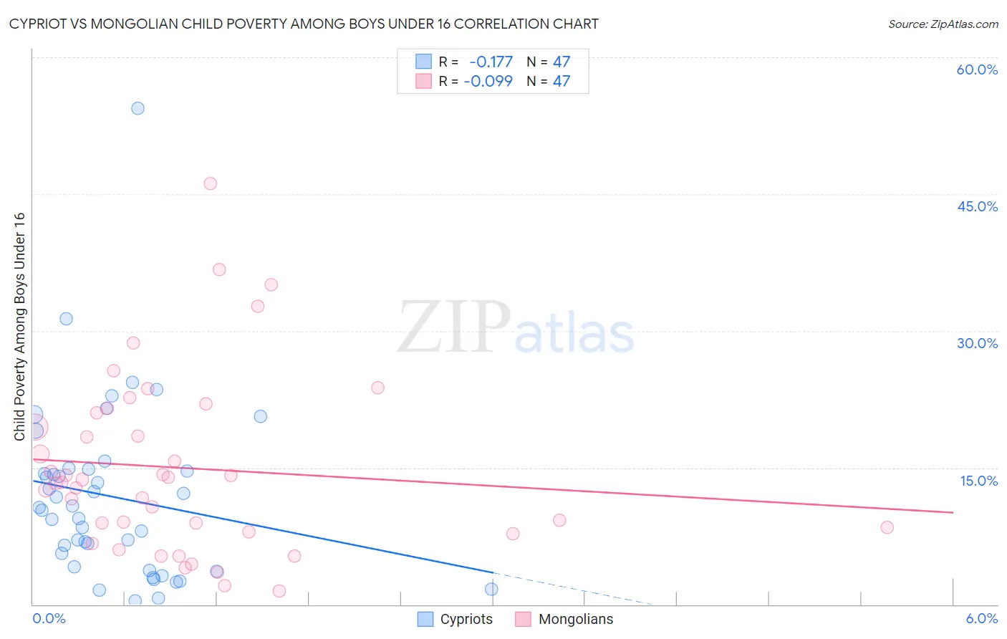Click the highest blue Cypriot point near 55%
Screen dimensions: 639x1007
pos(138,108)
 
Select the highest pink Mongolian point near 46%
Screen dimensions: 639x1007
pos(210,183)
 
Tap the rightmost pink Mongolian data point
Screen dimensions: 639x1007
pos(887,527)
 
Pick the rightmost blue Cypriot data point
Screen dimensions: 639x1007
pos(491,589)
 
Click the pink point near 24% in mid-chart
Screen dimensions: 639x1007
pos(377,388)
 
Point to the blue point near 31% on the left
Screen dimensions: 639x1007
pos(66,319)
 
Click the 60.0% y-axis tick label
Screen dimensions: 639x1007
pos(977,69)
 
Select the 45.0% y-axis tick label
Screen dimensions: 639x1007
pos(977,206)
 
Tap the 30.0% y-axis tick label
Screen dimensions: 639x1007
pos(977,343)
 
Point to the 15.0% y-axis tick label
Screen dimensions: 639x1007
pos(978,481)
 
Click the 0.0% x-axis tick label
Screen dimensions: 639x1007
pos(49,618)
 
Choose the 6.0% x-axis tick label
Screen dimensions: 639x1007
pos(981,618)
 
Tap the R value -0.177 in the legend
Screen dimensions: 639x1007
pos(491,62)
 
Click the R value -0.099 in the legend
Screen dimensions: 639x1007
pos(488,81)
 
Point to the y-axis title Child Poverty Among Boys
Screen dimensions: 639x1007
pos(20,327)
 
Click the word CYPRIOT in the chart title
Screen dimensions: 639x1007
pos(39,24)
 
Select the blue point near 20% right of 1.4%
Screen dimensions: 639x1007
pos(260,416)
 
